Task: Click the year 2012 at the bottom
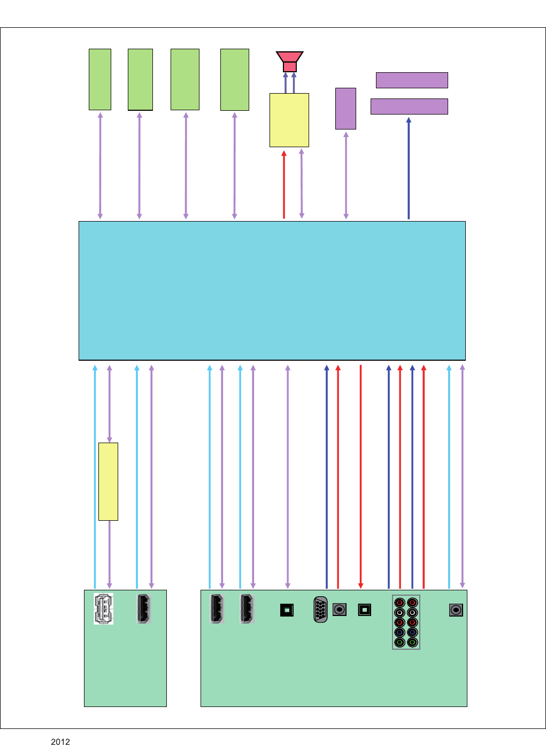60,741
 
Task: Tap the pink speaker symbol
289,61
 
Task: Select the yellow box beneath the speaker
289,120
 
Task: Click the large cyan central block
272,291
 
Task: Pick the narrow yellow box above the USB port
108,481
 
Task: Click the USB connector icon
103,609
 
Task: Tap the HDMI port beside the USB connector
144,609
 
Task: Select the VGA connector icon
320,609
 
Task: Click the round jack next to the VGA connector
340,609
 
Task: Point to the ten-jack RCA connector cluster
406,622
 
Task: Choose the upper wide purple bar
412,80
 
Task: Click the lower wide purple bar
409,107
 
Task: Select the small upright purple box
345,109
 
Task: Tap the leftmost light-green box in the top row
100,79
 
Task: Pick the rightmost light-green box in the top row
235,79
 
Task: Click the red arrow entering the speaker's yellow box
284,185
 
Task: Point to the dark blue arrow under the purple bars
409,168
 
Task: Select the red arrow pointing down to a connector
361,476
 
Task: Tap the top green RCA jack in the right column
412,642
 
